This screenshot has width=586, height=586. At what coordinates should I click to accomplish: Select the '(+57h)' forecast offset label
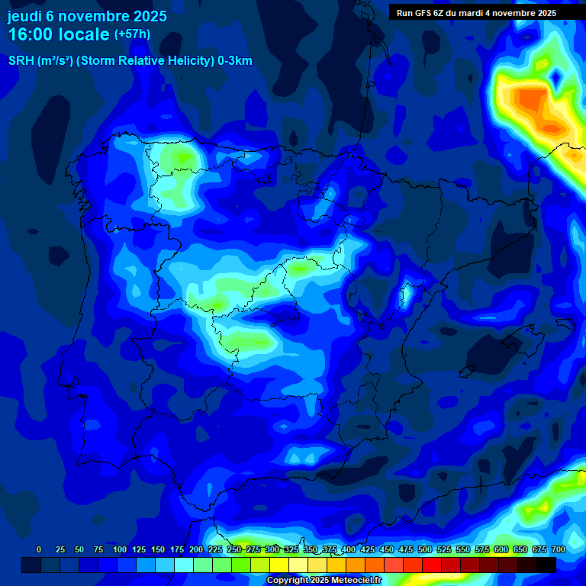[132, 34]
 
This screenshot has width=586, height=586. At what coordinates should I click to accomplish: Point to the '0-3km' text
[235, 61]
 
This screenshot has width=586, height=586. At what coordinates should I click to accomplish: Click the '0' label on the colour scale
[39, 549]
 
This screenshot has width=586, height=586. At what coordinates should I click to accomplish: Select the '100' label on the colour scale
[120, 549]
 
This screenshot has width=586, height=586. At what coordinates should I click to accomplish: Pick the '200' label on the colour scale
[196, 549]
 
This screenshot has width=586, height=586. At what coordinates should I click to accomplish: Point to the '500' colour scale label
[425, 549]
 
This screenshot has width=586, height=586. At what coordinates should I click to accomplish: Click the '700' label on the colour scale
[559, 549]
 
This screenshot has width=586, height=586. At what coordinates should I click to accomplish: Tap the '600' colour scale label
[501, 549]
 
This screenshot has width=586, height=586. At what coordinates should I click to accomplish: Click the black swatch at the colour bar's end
[546, 565]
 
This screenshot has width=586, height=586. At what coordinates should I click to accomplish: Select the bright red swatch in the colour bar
[432, 565]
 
